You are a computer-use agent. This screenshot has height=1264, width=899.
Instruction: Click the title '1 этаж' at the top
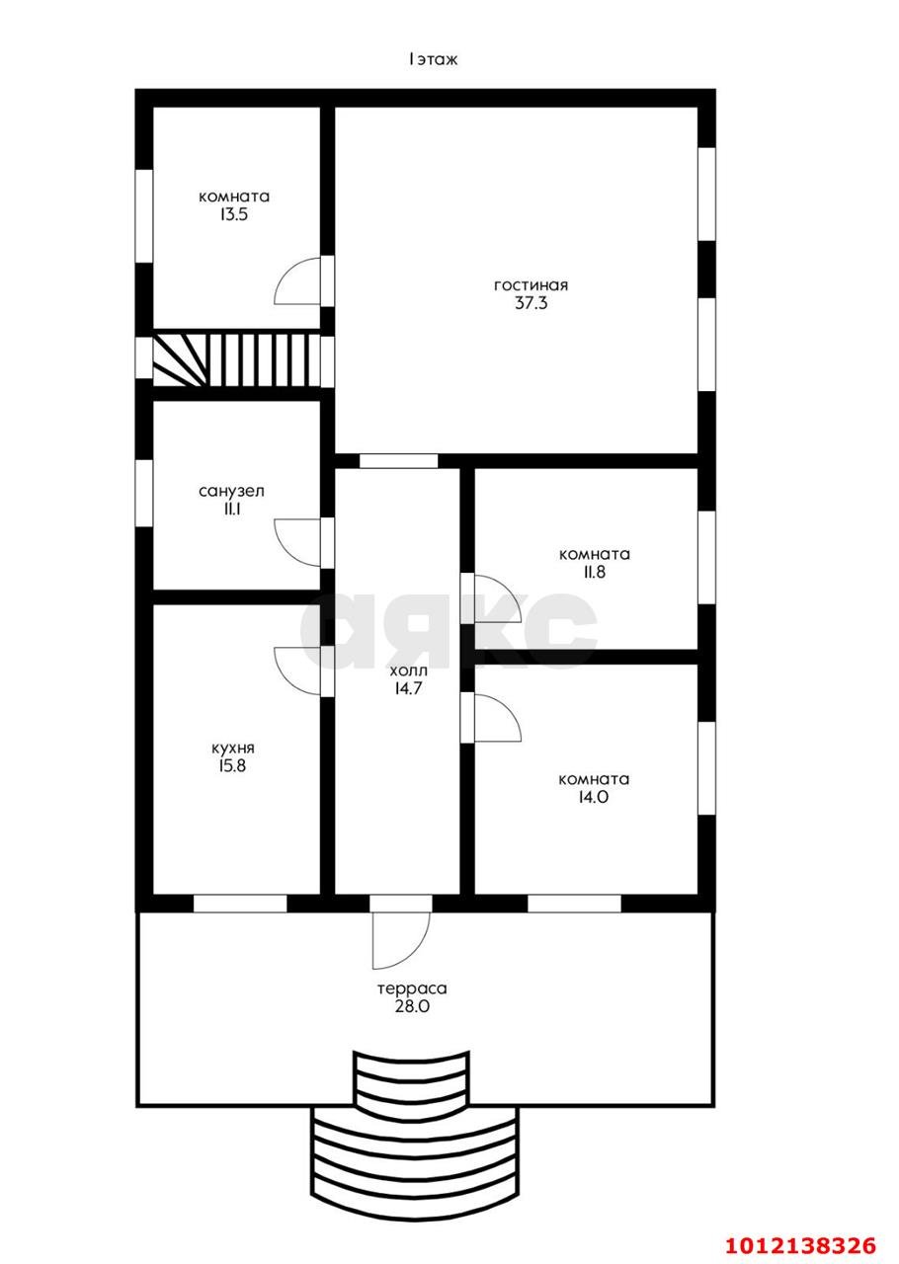[433, 59]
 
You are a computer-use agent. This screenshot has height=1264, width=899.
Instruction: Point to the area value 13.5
[234, 215]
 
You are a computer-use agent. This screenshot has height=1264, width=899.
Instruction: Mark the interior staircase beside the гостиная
[237, 361]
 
